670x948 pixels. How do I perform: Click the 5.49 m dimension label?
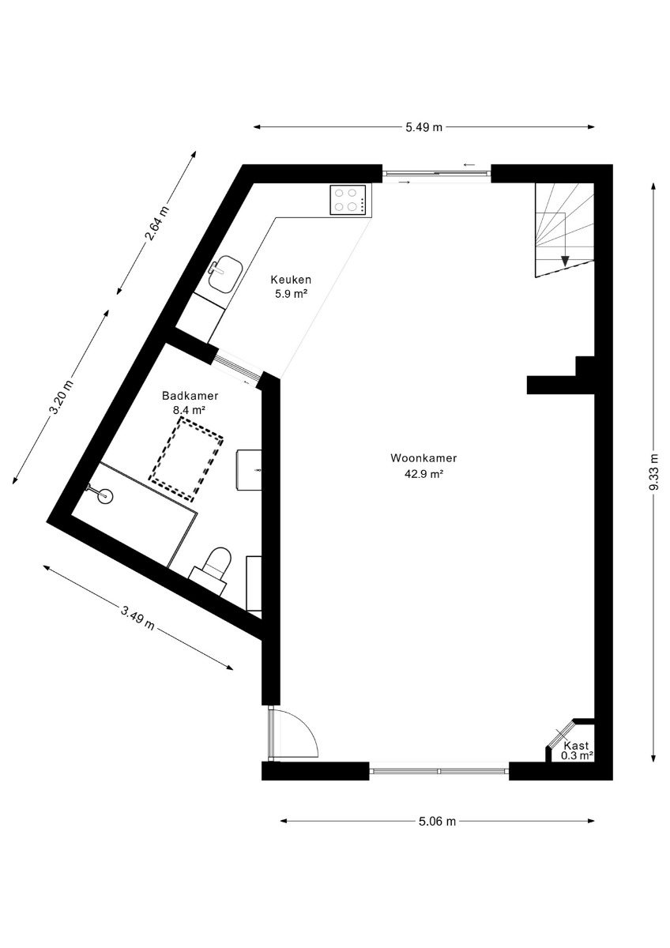coord(423,127)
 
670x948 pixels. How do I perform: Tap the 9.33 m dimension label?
coord(654,472)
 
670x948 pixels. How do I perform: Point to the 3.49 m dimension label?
coord(137,619)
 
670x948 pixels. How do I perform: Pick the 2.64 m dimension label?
coord(157,223)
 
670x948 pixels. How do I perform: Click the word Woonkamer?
coord(423,458)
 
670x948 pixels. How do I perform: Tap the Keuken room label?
coord(291,280)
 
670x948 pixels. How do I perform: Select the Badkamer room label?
coord(190,396)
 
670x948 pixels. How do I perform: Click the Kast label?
coord(576,746)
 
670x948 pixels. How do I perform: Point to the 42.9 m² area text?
coord(423,474)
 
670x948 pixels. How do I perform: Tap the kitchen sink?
coord(225,274)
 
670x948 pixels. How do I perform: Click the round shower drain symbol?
coord(105,496)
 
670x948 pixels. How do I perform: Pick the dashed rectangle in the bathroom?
coord(186,459)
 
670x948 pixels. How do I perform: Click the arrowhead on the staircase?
coord(564,261)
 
